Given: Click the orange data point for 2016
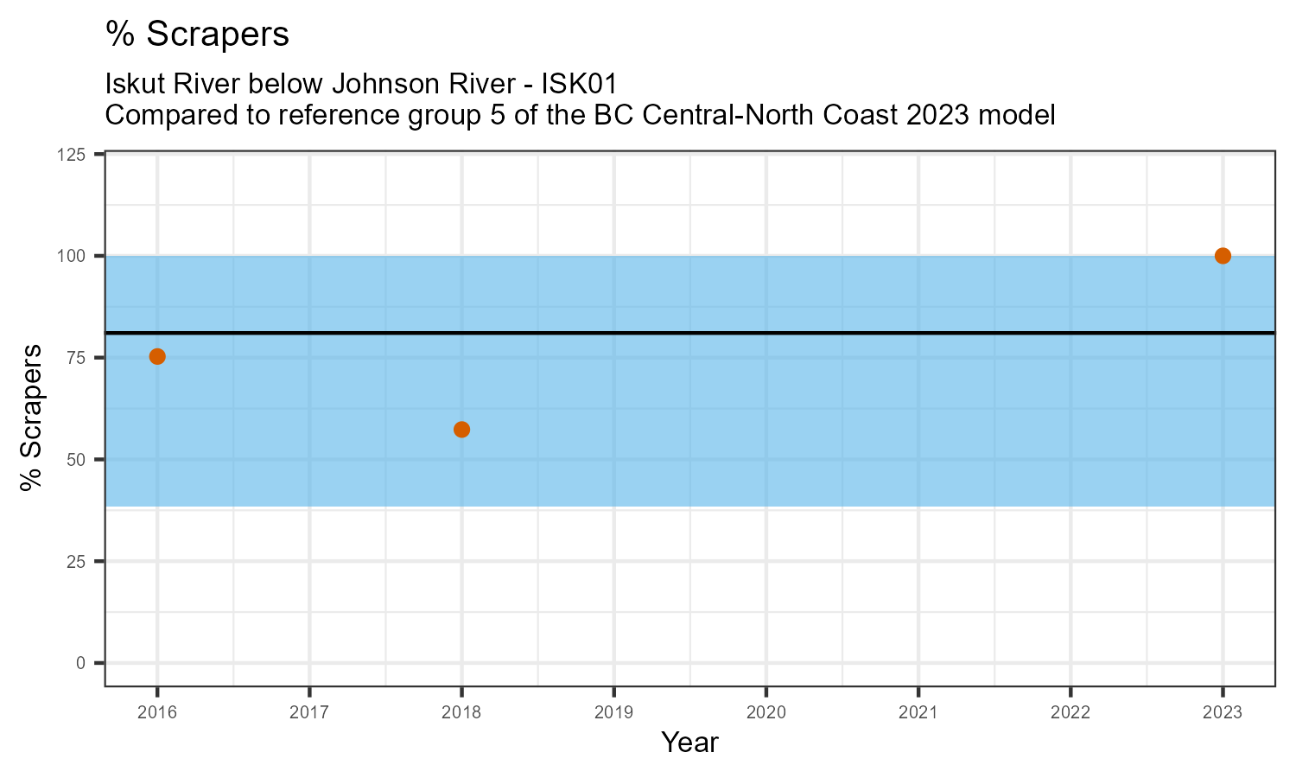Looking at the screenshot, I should click(x=157, y=356).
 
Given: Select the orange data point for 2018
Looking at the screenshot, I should click(x=461, y=430).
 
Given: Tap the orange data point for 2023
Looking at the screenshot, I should click(x=1223, y=256).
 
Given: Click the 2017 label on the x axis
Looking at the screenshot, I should click(x=309, y=713).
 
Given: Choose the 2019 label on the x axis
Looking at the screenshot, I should click(x=613, y=713).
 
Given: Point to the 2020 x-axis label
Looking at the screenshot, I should click(x=766, y=713).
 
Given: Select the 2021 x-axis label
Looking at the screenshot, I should click(x=918, y=713).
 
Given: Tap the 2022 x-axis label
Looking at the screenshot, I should click(x=1070, y=713).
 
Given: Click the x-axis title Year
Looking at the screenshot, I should click(x=689, y=742).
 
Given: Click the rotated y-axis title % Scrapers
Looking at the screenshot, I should click(x=32, y=418).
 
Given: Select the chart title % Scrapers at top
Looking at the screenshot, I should click(x=197, y=35).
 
